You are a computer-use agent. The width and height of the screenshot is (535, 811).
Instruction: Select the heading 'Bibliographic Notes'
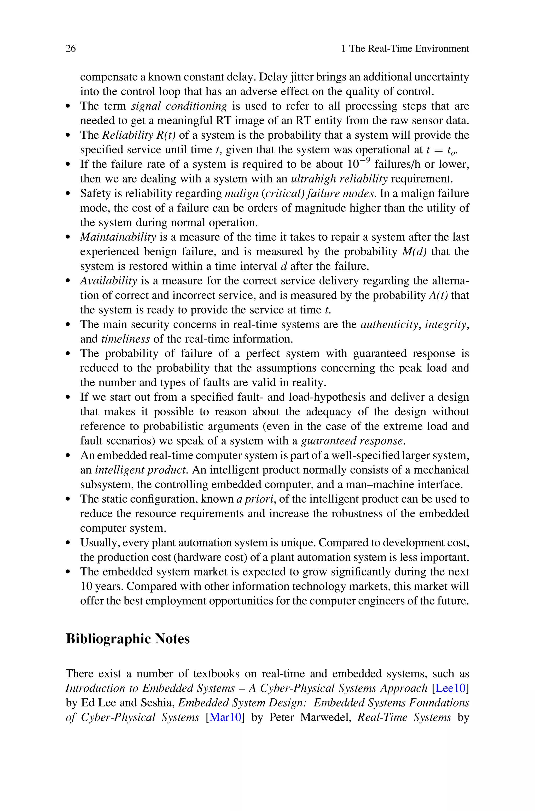point(128,639)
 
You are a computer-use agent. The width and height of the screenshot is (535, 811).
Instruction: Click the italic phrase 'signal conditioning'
point(179,106)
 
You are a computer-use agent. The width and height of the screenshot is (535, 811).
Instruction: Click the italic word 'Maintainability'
point(118,237)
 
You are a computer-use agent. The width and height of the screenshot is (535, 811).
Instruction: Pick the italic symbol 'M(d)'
point(415,252)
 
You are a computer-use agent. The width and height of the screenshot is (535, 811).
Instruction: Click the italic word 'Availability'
point(108,281)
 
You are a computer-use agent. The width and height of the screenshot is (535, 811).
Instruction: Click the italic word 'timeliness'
point(126,339)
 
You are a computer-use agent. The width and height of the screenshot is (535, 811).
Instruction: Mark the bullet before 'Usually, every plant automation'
point(68,543)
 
